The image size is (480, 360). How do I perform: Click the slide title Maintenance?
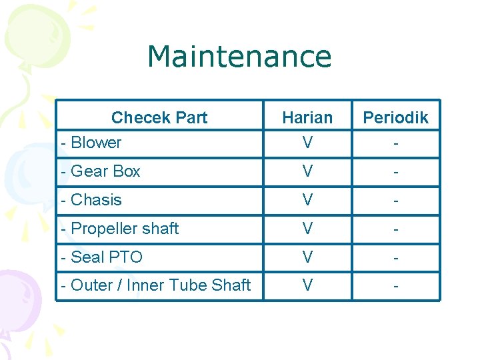tap(239, 57)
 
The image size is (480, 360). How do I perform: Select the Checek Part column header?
tap(159, 118)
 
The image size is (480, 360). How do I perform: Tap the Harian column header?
tap(307, 118)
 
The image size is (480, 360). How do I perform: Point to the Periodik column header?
tap(395, 118)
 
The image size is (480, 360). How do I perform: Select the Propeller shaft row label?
tap(119, 229)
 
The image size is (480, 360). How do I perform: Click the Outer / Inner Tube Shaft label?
tap(155, 285)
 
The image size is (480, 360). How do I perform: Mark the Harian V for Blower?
tap(307, 143)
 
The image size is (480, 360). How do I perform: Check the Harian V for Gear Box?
tap(307, 171)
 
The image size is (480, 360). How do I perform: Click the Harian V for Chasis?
tap(307, 200)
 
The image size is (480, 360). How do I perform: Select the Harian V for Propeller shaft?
tap(307, 229)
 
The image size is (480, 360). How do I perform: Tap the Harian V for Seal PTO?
tap(307, 257)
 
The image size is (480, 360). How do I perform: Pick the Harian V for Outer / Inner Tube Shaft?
tap(307, 285)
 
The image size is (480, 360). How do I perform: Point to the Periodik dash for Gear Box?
tap(396, 172)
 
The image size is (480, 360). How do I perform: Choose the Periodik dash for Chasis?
tap(396, 201)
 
